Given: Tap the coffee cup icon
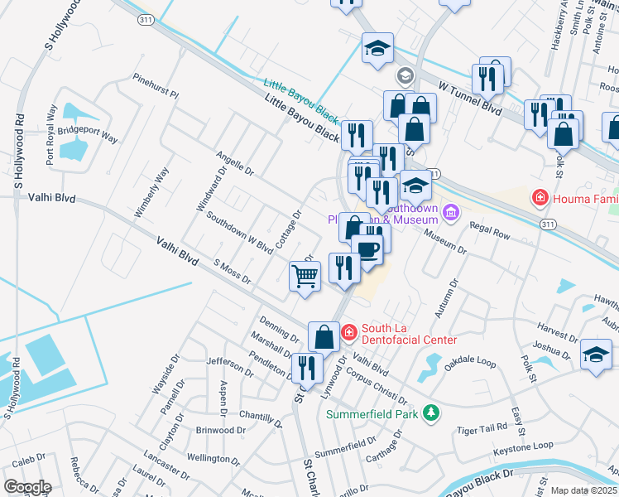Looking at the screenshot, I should tap(367, 249).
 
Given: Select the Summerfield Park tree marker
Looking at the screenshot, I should tap(429, 413).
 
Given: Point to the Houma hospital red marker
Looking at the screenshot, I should tap(540, 197).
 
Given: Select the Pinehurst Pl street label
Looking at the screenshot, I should tap(156, 86).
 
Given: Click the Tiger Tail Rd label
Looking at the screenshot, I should tap(482, 428).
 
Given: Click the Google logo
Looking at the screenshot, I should tap(26, 487).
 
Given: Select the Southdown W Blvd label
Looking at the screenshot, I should tap(239, 234).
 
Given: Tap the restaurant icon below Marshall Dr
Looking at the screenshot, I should tap(305, 368).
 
